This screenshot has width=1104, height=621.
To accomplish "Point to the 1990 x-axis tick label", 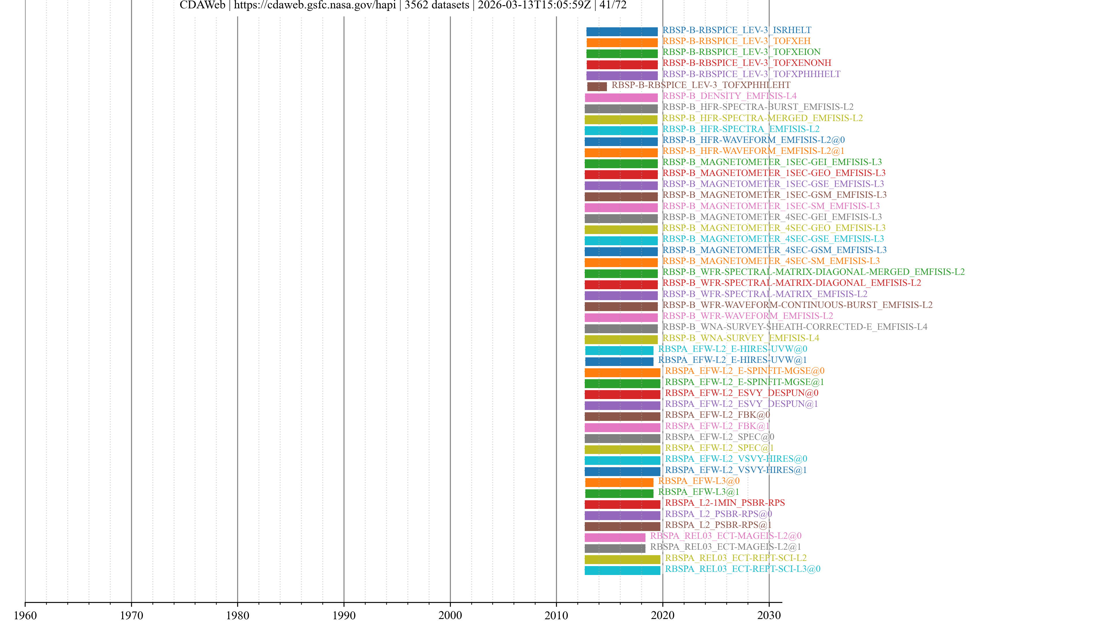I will tap(344, 615).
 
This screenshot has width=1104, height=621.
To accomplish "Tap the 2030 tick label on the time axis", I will tap(769, 615).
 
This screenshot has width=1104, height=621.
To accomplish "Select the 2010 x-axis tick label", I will tap(556, 615).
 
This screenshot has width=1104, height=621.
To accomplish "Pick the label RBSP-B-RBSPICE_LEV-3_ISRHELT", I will tap(736, 30).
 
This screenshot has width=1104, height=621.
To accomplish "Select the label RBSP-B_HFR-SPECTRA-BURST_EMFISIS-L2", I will tap(758, 107).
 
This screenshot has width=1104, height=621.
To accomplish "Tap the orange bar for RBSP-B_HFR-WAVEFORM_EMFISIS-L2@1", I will tap(621, 153).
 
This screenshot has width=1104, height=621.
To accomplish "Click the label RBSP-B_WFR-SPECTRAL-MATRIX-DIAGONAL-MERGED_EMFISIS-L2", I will tap(813, 272).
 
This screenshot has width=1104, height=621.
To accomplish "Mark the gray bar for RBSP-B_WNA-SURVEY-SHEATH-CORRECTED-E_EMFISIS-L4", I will tap(621, 329).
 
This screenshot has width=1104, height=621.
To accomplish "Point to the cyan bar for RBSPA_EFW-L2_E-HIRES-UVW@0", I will tap(619, 350).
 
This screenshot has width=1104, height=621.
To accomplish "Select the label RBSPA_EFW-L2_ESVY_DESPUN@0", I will tap(741, 392).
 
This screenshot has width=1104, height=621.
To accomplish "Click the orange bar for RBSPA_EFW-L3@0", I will tap(619, 483).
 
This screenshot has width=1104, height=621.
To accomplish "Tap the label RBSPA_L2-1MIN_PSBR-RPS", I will tap(725, 503).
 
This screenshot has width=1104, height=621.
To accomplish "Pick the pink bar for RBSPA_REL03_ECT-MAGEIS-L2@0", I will tap(615, 537).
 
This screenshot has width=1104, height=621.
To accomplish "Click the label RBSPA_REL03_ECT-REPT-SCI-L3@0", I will tap(742, 569).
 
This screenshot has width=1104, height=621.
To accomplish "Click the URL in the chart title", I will tap(315, 5).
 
